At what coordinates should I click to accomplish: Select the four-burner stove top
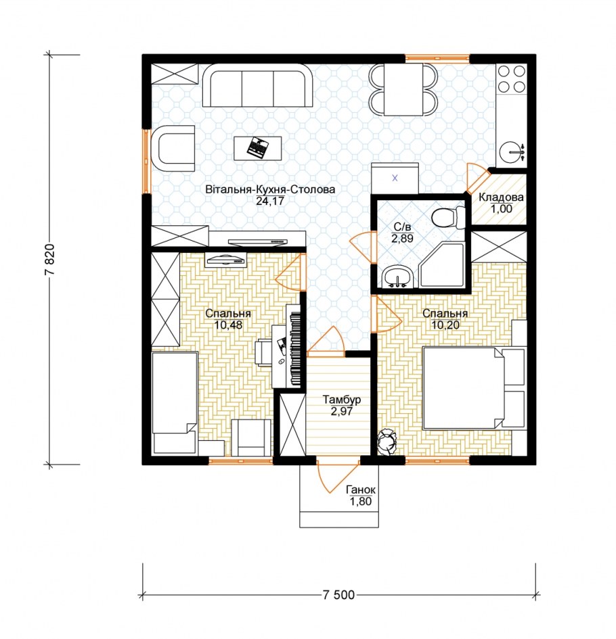point(512,78)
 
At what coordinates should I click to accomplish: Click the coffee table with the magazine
point(257,148)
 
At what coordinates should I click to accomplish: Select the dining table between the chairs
point(403,90)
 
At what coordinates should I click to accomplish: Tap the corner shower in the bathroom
point(441,264)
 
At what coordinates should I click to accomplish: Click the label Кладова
point(501,197)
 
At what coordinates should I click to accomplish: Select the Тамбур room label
point(341,400)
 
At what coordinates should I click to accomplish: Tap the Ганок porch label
point(360,490)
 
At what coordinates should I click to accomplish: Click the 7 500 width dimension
point(338,595)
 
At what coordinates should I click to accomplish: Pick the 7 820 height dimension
point(50,260)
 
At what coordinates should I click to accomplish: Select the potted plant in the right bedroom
point(387,442)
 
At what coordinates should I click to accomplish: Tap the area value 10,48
point(228,325)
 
